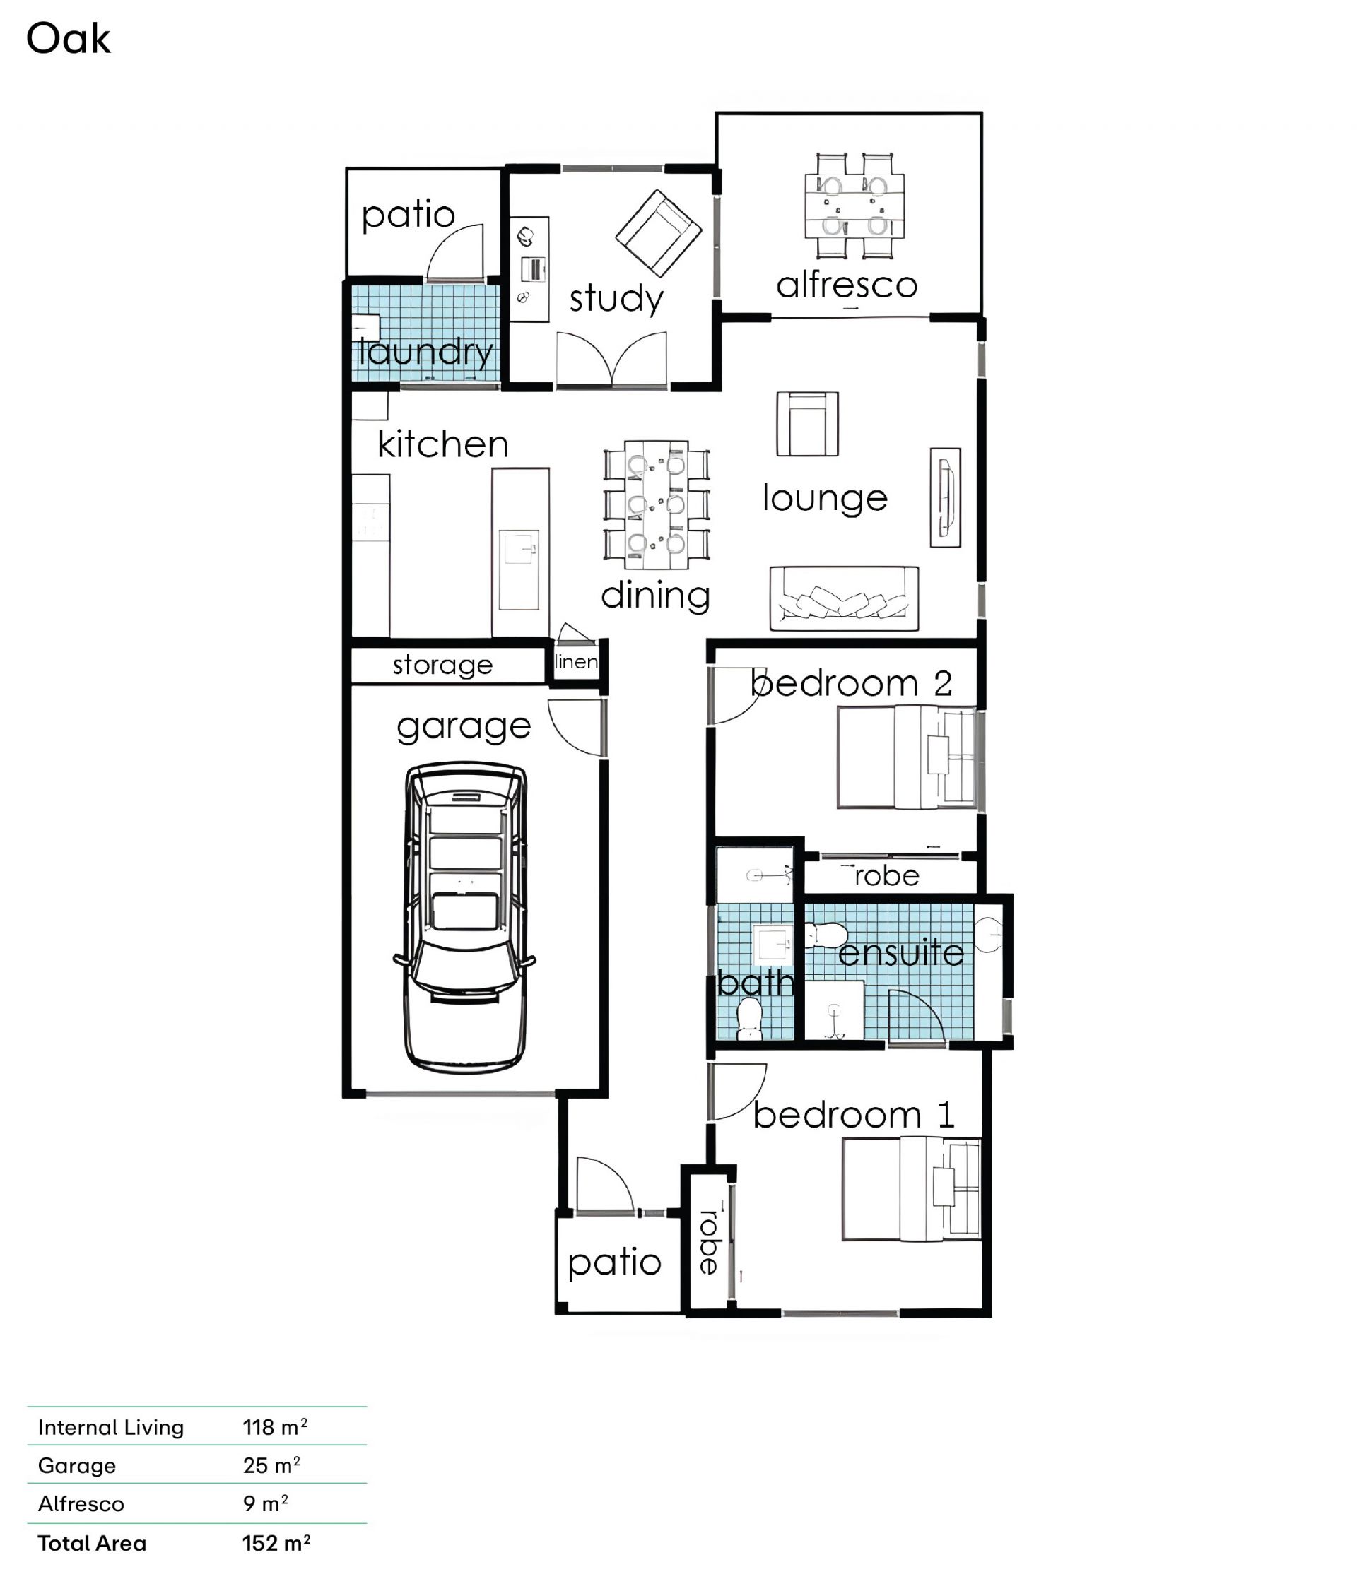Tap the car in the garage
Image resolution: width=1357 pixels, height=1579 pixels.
(x=464, y=918)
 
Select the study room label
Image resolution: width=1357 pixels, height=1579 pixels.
(x=616, y=298)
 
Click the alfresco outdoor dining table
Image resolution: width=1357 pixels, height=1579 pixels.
(x=854, y=206)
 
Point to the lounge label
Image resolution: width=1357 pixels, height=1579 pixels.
(x=825, y=497)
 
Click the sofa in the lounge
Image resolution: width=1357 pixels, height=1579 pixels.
(x=844, y=598)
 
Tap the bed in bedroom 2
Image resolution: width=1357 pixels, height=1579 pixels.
(x=907, y=757)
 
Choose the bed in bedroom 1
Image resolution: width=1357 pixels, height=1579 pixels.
(x=911, y=1189)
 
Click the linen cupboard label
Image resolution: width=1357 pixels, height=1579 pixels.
(x=576, y=661)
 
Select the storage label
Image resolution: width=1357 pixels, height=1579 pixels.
(x=442, y=666)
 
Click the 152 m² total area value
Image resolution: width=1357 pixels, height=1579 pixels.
(x=276, y=1543)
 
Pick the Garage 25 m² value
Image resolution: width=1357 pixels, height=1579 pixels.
(x=271, y=1465)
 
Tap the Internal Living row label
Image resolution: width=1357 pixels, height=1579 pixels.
(x=110, y=1427)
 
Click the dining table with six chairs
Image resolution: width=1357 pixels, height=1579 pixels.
(x=657, y=504)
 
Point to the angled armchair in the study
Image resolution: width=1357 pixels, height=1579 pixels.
(x=658, y=233)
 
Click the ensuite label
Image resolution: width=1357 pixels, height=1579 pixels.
(x=900, y=953)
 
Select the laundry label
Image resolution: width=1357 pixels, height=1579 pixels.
(x=426, y=352)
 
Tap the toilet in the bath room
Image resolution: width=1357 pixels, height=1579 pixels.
(x=749, y=1019)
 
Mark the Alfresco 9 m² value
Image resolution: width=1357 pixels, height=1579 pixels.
(x=265, y=1503)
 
